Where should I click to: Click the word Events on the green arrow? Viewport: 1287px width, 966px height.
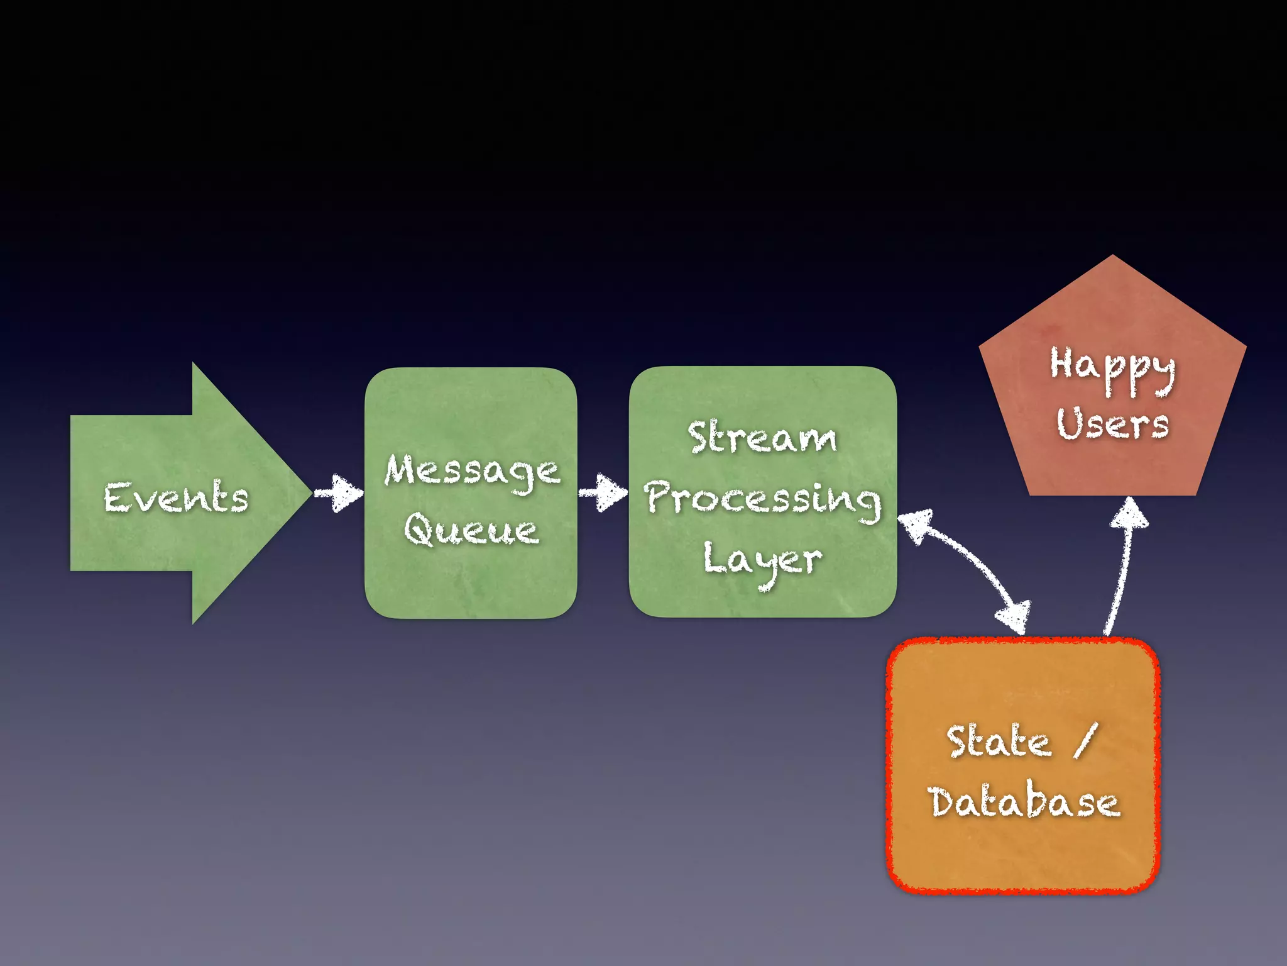pyautogui.click(x=177, y=497)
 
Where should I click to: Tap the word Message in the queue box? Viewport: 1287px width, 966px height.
pyautogui.click(x=472, y=471)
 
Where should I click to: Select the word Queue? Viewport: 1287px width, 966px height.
pyautogui.click(x=471, y=530)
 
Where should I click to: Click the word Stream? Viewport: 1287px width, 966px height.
pyautogui.click(x=762, y=438)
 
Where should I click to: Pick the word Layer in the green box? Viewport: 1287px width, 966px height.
pyautogui.click(x=762, y=560)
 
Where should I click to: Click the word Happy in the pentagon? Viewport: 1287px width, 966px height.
pyautogui.click(x=1112, y=367)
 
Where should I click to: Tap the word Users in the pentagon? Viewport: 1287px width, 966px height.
pyautogui.click(x=1112, y=424)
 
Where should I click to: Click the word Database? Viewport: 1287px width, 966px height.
pyautogui.click(x=1024, y=802)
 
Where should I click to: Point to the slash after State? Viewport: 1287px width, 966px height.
pyautogui.click(x=1086, y=741)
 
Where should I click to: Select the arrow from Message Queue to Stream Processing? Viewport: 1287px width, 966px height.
pyautogui.click(x=603, y=493)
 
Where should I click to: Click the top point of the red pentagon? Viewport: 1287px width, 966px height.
pyautogui.click(x=1113, y=257)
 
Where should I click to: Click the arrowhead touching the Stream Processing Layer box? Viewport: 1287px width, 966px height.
pyautogui.click(x=914, y=525)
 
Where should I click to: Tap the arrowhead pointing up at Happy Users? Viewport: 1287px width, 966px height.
pyautogui.click(x=1130, y=513)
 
